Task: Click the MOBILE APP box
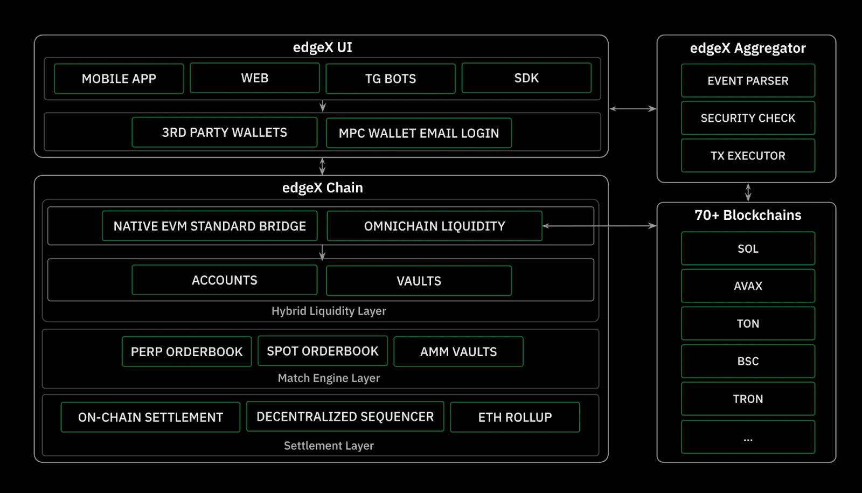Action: point(119,79)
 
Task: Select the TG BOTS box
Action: point(391,79)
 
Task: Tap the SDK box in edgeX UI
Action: point(526,78)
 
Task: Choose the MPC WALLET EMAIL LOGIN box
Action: point(419,133)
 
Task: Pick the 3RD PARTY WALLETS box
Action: point(224,133)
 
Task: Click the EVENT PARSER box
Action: point(748,81)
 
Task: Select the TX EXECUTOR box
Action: point(748,156)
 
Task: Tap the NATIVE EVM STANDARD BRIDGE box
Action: point(210,226)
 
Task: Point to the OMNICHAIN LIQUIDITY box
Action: point(434,226)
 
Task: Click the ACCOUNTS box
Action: point(224,280)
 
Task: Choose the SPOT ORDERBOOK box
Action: point(322,351)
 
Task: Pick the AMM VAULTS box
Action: point(458,352)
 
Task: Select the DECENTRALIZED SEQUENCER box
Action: point(345,416)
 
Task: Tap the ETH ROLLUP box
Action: point(515,417)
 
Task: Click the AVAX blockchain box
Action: point(748,286)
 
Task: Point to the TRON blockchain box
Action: point(748,399)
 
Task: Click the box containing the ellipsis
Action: point(748,437)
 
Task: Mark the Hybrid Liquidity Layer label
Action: point(329,311)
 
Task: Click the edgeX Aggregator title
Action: point(748,48)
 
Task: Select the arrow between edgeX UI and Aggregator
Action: point(632,109)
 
